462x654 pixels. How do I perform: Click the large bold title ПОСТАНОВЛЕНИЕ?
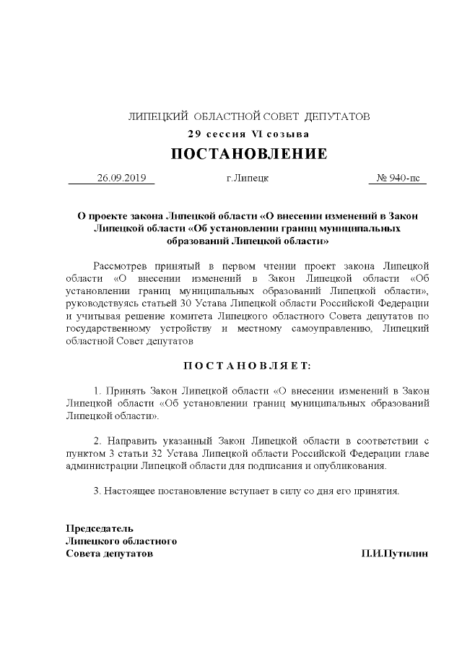248,154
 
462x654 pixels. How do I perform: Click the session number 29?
193,134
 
